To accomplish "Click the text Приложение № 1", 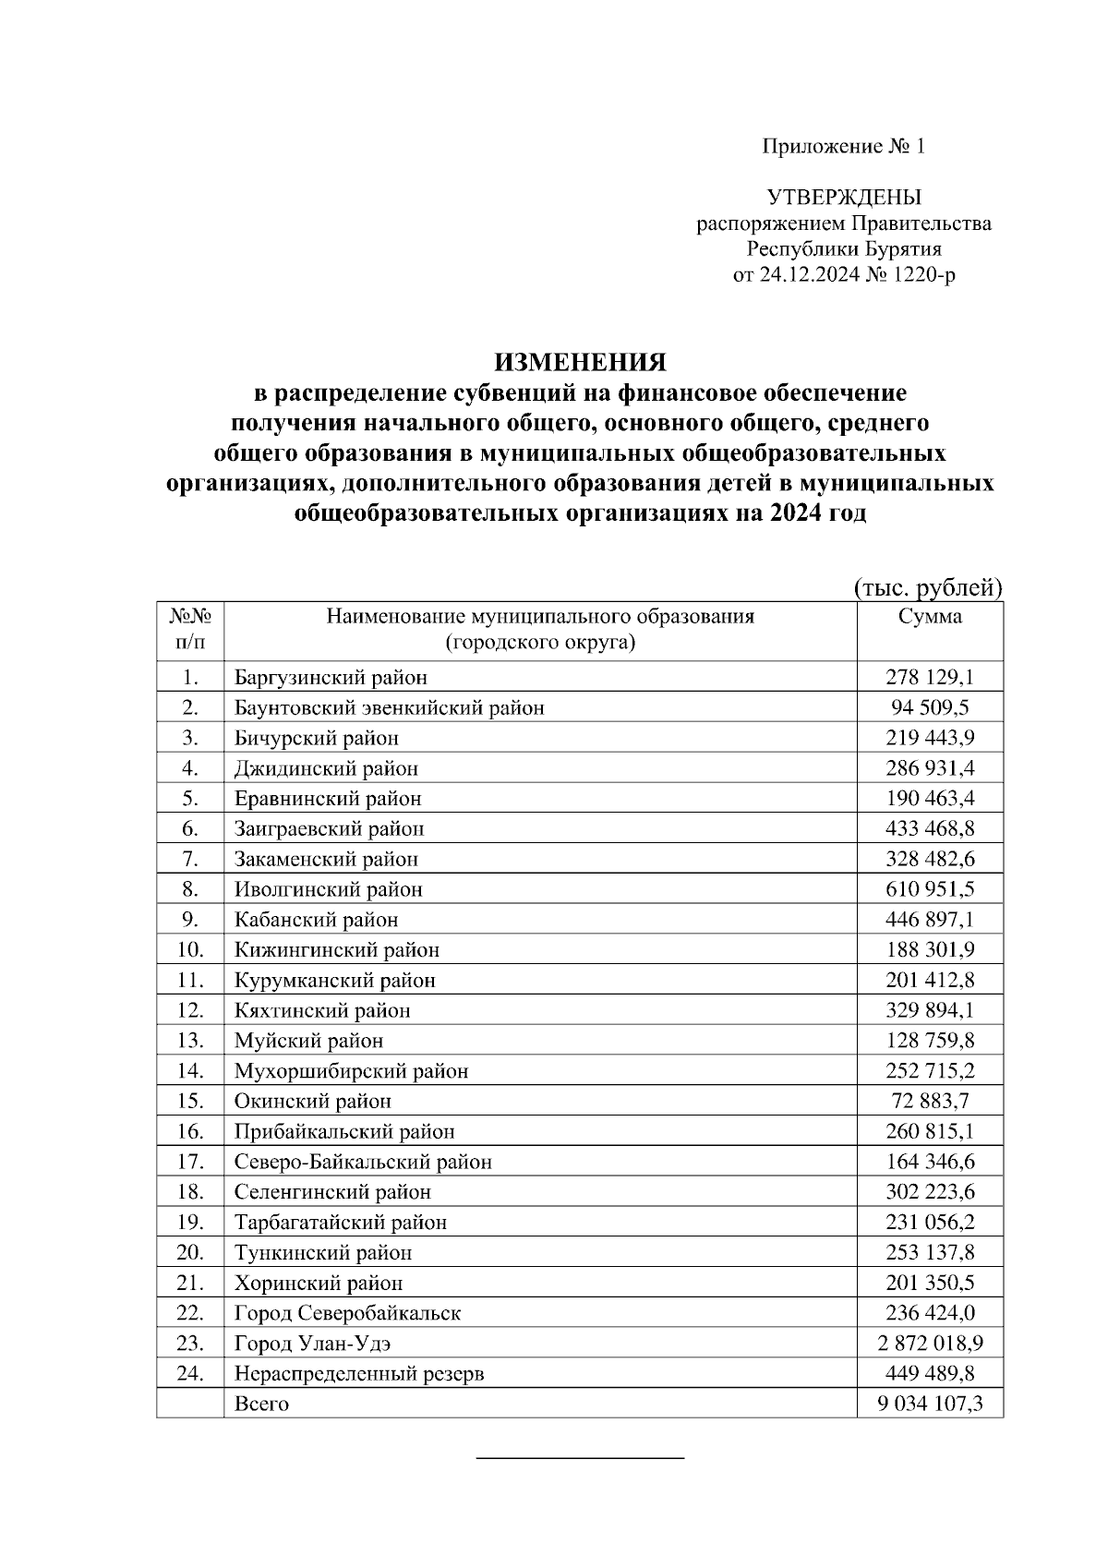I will (843, 146).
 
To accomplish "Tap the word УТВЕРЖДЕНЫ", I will (843, 198).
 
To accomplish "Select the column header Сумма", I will (930, 617).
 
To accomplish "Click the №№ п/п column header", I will (190, 629).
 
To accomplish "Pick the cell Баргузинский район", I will (331, 678).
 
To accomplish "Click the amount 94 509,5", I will (930, 708).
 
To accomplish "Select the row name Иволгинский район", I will (328, 889).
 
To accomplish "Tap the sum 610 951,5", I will (930, 889).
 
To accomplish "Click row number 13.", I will (190, 1041).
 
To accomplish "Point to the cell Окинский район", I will (312, 1102).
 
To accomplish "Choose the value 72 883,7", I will (930, 1102).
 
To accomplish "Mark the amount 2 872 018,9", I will (930, 1344).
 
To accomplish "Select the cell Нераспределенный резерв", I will (358, 1374).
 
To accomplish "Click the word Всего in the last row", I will (261, 1405).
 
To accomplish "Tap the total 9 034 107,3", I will (930, 1405).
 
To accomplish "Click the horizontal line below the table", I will (579, 1458).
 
